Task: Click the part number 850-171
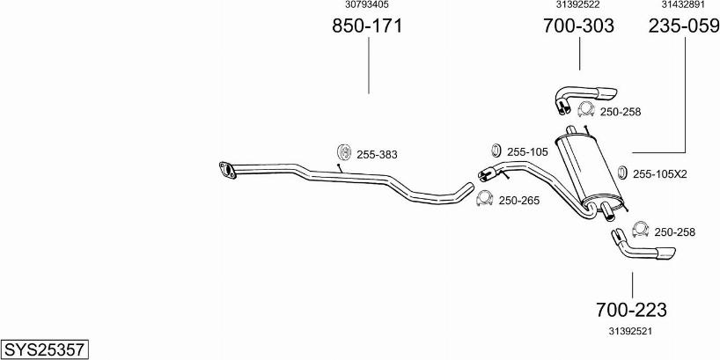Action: [x=367, y=26]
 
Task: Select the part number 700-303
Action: [x=578, y=26]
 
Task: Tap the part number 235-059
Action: [x=684, y=26]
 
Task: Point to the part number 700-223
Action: [x=631, y=310]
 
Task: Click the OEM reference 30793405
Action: [x=367, y=4]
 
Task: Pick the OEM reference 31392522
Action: [x=578, y=4]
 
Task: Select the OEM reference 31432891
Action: [x=683, y=4]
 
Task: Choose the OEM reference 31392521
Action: [x=631, y=331]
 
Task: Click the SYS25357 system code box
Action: [x=45, y=349]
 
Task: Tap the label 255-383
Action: [x=377, y=155]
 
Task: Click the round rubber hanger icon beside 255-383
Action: [x=344, y=152]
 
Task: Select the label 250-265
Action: [x=519, y=200]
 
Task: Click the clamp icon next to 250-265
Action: [x=484, y=198]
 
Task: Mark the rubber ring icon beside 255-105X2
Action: [x=622, y=173]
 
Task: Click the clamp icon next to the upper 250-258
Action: [x=586, y=109]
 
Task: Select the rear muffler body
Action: [x=589, y=171]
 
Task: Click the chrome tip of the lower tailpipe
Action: [x=665, y=253]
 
